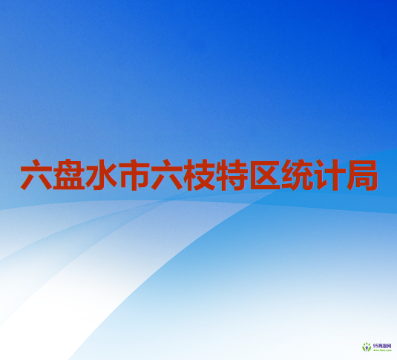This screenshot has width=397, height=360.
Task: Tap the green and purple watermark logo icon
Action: pos(367,347)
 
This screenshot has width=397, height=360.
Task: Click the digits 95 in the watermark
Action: pos(375,345)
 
